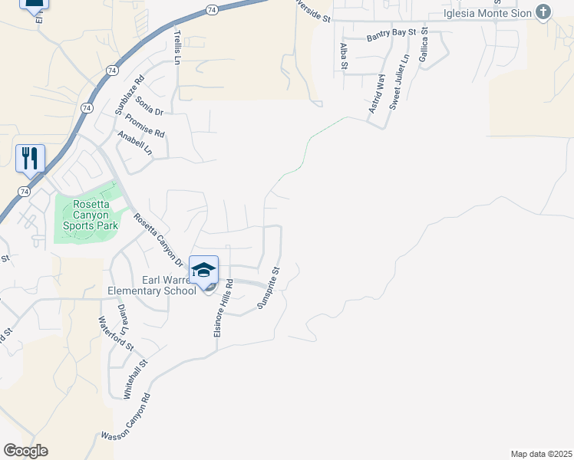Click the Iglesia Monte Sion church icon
[x=543, y=12]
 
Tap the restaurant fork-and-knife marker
[x=30, y=158]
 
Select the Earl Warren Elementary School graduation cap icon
[x=204, y=270]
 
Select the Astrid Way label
[x=375, y=94]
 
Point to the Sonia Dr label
[x=150, y=105]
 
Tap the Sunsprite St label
[x=271, y=287]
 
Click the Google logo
[x=25, y=451]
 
